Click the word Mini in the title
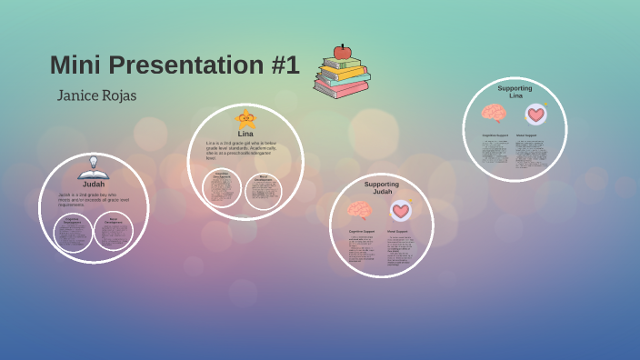[70, 65]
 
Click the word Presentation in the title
[174, 65]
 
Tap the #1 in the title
[281, 65]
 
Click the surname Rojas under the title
[121, 95]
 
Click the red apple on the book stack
[343, 52]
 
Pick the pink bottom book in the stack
[341, 90]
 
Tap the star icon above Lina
[245, 119]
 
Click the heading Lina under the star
[245, 134]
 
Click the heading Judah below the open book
[94, 184]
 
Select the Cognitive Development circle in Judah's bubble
[73, 231]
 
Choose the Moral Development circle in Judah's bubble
[114, 231]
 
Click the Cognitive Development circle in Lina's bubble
[222, 187]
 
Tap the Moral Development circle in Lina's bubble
[263, 190]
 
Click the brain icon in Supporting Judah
[360, 211]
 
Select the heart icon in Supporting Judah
[401, 211]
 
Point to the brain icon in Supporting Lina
[494, 114]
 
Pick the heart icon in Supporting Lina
[536, 115]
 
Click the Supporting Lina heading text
[515, 92]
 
